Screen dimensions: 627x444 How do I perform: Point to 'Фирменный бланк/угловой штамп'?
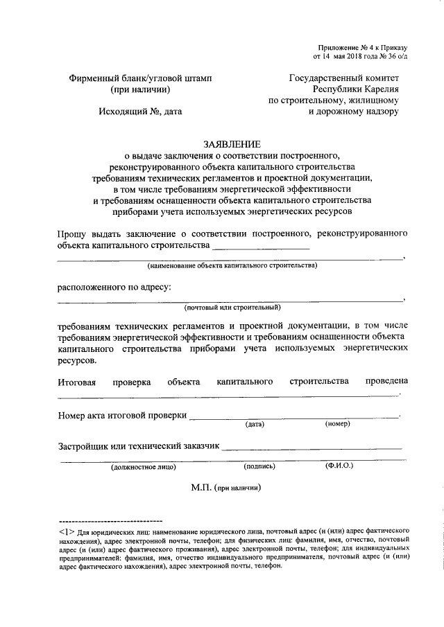(139, 78)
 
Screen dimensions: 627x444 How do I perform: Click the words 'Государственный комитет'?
(344, 78)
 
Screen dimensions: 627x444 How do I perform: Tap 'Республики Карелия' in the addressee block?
(355, 89)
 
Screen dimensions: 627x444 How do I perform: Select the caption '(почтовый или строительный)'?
(232, 308)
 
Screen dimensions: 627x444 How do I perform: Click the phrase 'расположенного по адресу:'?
(114, 287)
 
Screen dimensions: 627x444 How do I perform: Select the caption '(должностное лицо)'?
(143, 467)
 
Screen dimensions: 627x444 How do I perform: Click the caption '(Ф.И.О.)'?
(339, 466)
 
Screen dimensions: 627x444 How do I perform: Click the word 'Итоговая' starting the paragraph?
(76, 382)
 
